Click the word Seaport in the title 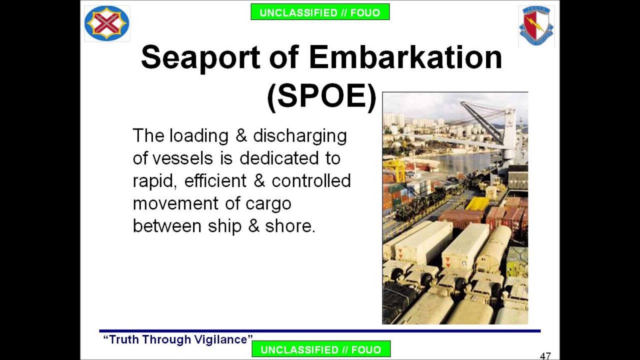tap(200, 57)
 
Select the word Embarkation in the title tap(405, 57)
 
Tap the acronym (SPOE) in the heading tap(321, 96)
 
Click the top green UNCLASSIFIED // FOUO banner tap(320, 12)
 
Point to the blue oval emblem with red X tap(107, 23)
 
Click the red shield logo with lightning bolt tap(536, 25)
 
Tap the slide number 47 tap(545, 356)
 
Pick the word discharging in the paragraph tap(299, 136)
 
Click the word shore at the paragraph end tap(289, 226)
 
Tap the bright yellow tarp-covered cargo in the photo tap(477, 203)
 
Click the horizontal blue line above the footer tap(320, 330)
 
